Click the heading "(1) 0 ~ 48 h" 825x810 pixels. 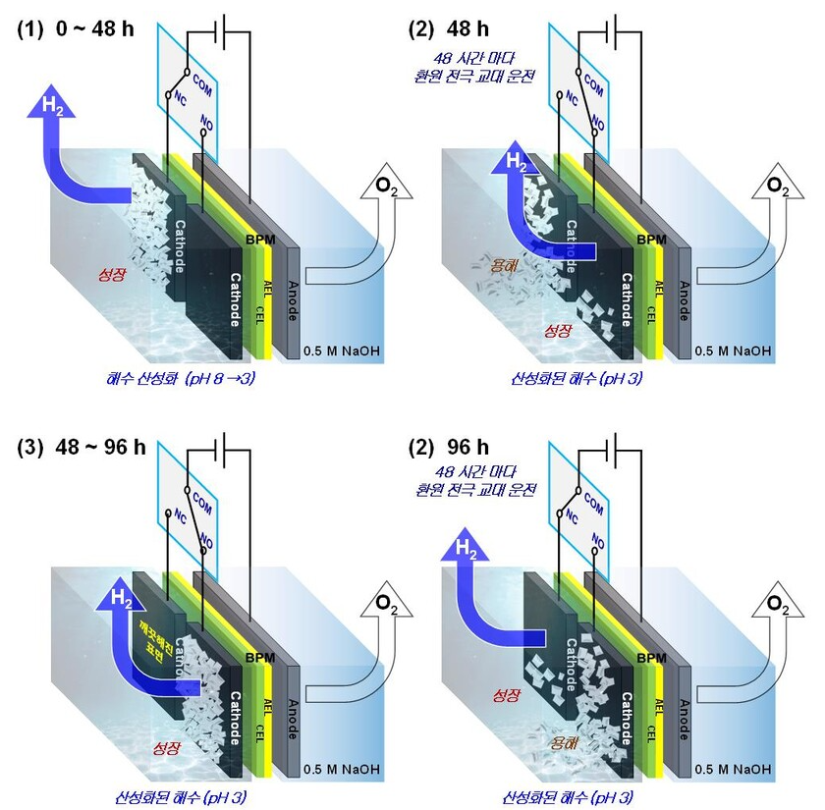(x=77, y=28)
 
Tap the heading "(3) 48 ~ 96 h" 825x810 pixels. (x=82, y=448)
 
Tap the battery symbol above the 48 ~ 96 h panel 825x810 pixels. (x=228, y=444)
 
